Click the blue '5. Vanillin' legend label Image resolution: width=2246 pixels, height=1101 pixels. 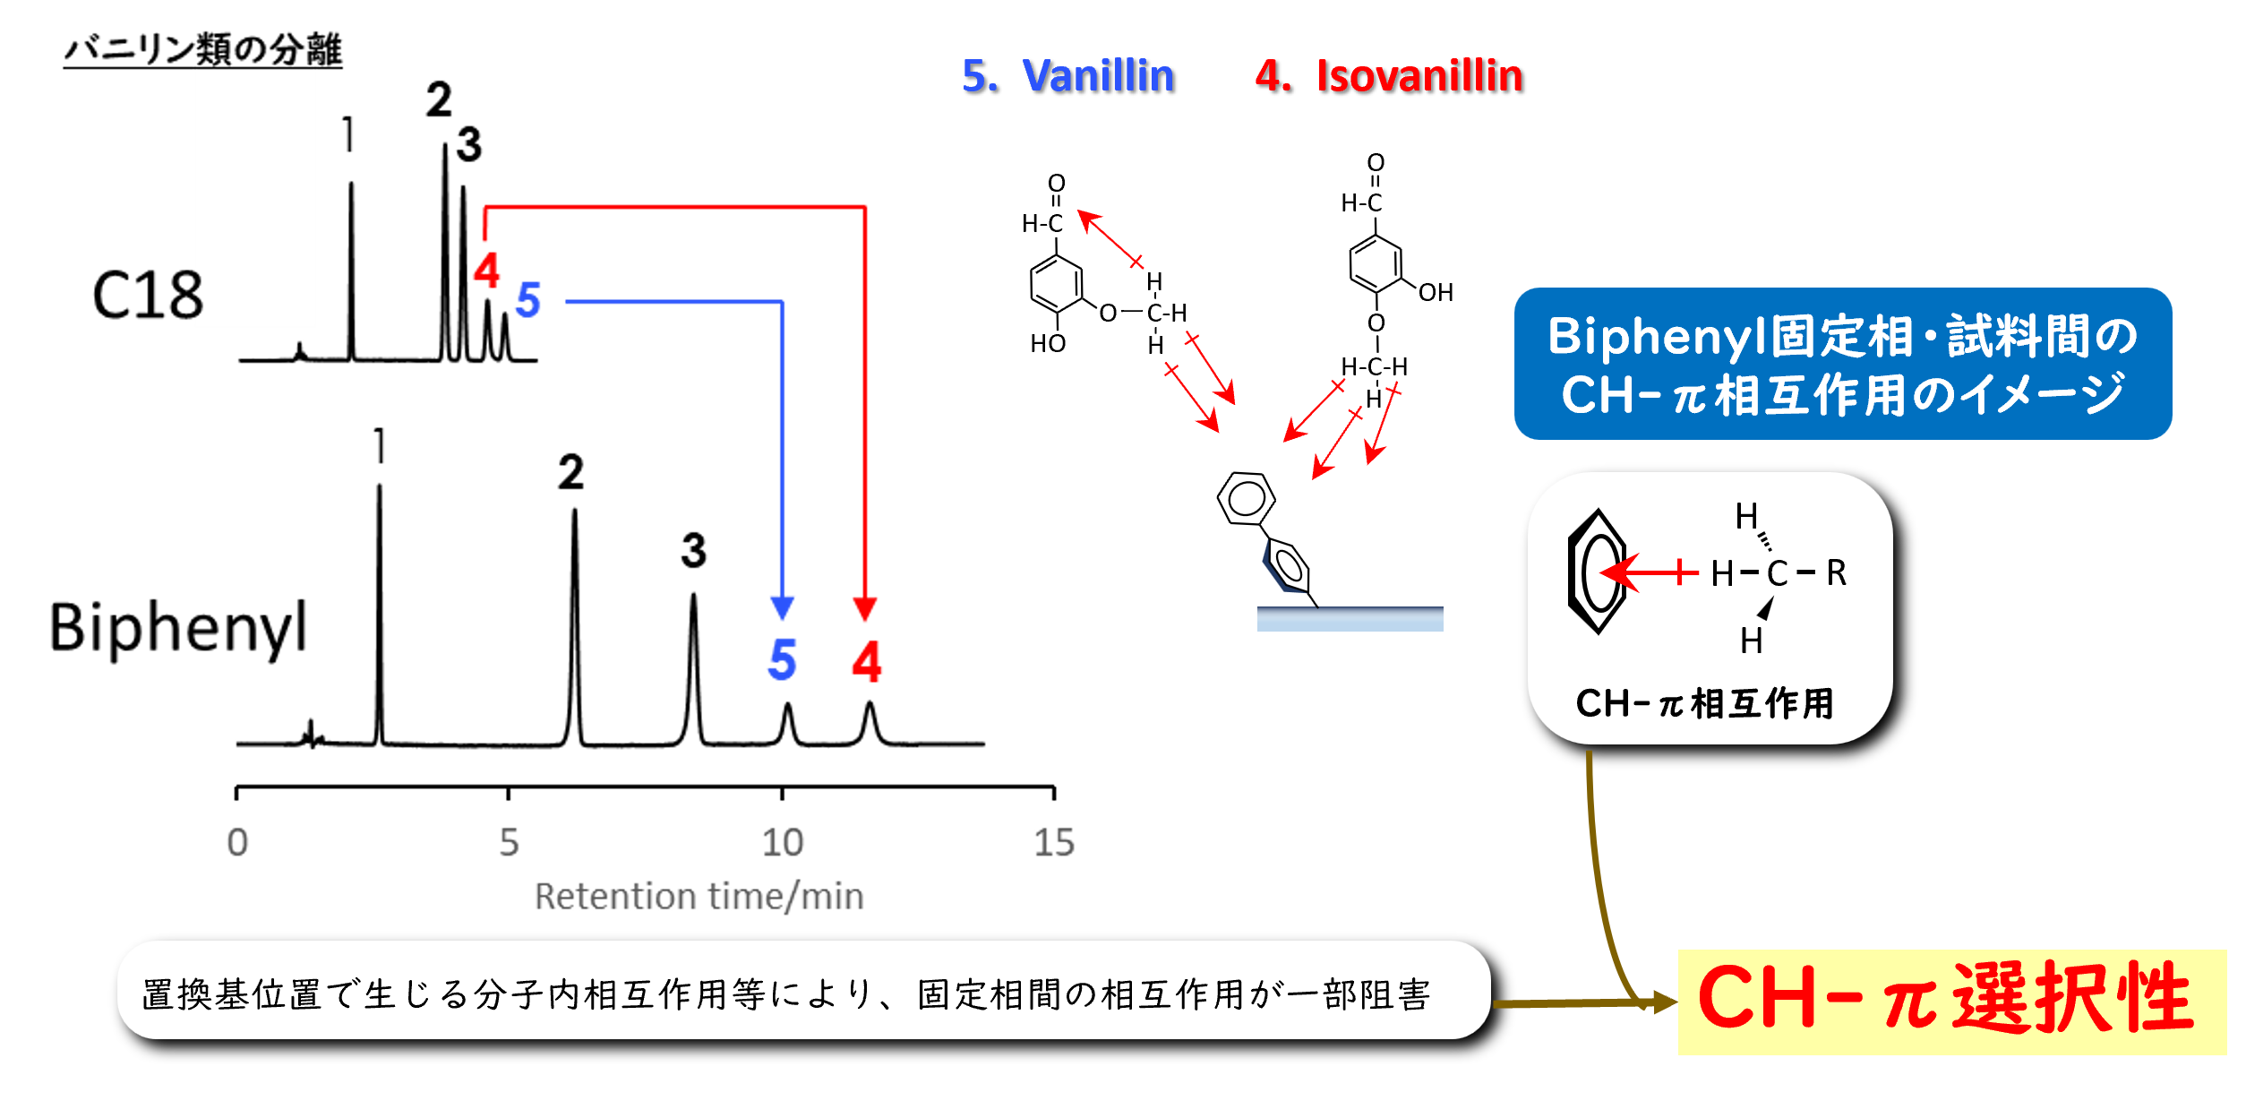click(x=1067, y=75)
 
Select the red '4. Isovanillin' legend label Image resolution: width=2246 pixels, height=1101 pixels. click(x=1388, y=75)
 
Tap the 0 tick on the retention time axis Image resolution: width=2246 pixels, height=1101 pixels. click(x=237, y=842)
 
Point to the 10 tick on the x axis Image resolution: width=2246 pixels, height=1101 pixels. click(x=783, y=842)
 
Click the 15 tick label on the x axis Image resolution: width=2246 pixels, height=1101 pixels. click(x=1054, y=842)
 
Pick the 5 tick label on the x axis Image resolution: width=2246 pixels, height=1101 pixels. click(x=509, y=842)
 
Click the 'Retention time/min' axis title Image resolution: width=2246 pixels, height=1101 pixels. click(x=699, y=897)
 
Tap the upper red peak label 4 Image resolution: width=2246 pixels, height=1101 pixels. click(x=486, y=270)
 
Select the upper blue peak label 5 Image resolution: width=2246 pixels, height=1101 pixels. click(x=527, y=300)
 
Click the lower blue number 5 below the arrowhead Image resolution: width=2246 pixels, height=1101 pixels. click(x=782, y=660)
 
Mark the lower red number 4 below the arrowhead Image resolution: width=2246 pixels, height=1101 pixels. click(x=867, y=663)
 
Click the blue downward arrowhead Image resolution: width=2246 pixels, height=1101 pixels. click(x=782, y=608)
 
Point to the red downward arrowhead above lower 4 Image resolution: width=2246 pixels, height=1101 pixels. click(x=864, y=609)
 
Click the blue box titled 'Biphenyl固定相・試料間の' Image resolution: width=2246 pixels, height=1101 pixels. click(x=1842, y=364)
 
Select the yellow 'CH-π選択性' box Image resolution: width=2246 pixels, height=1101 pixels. click(x=1951, y=1001)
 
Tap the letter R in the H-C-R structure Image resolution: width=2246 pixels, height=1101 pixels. click(x=1836, y=572)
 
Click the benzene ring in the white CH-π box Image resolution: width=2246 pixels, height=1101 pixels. click(x=1597, y=572)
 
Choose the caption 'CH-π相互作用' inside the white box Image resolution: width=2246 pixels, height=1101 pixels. click(x=1704, y=703)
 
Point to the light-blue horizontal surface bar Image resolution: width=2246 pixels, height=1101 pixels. click(x=1350, y=619)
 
